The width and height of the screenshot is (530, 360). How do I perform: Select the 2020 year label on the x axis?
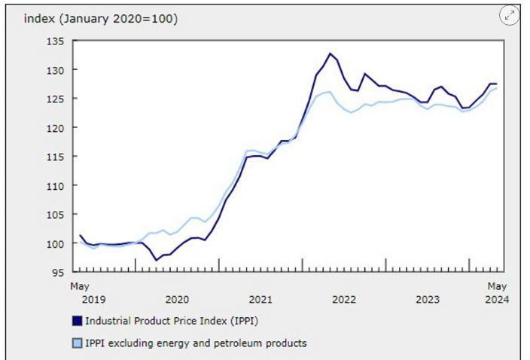[x=176, y=299]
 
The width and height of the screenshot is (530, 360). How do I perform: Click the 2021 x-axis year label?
[x=260, y=299]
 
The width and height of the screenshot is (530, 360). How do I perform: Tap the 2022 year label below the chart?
[x=344, y=299]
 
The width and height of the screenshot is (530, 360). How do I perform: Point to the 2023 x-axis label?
[x=428, y=299]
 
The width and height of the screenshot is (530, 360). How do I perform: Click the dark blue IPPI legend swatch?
[x=75, y=320]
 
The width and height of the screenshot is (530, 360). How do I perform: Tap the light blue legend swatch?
[x=75, y=343]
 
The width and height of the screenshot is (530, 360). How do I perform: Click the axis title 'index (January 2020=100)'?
[x=101, y=19]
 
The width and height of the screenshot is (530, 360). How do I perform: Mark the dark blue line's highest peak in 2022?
[x=330, y=53]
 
